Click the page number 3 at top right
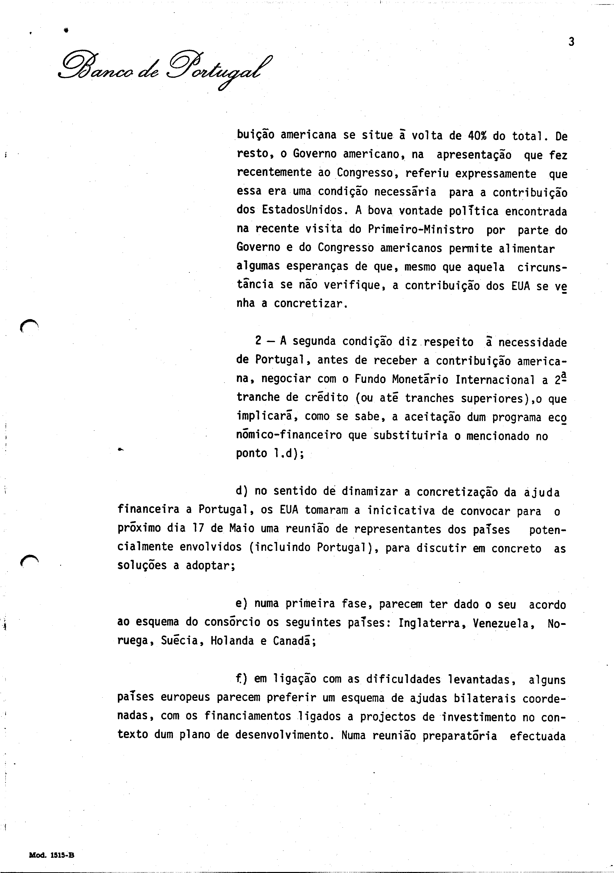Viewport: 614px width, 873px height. point(571,42)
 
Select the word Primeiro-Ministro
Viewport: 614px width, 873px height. point(421,230)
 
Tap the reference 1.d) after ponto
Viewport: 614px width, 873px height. point(288,454)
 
